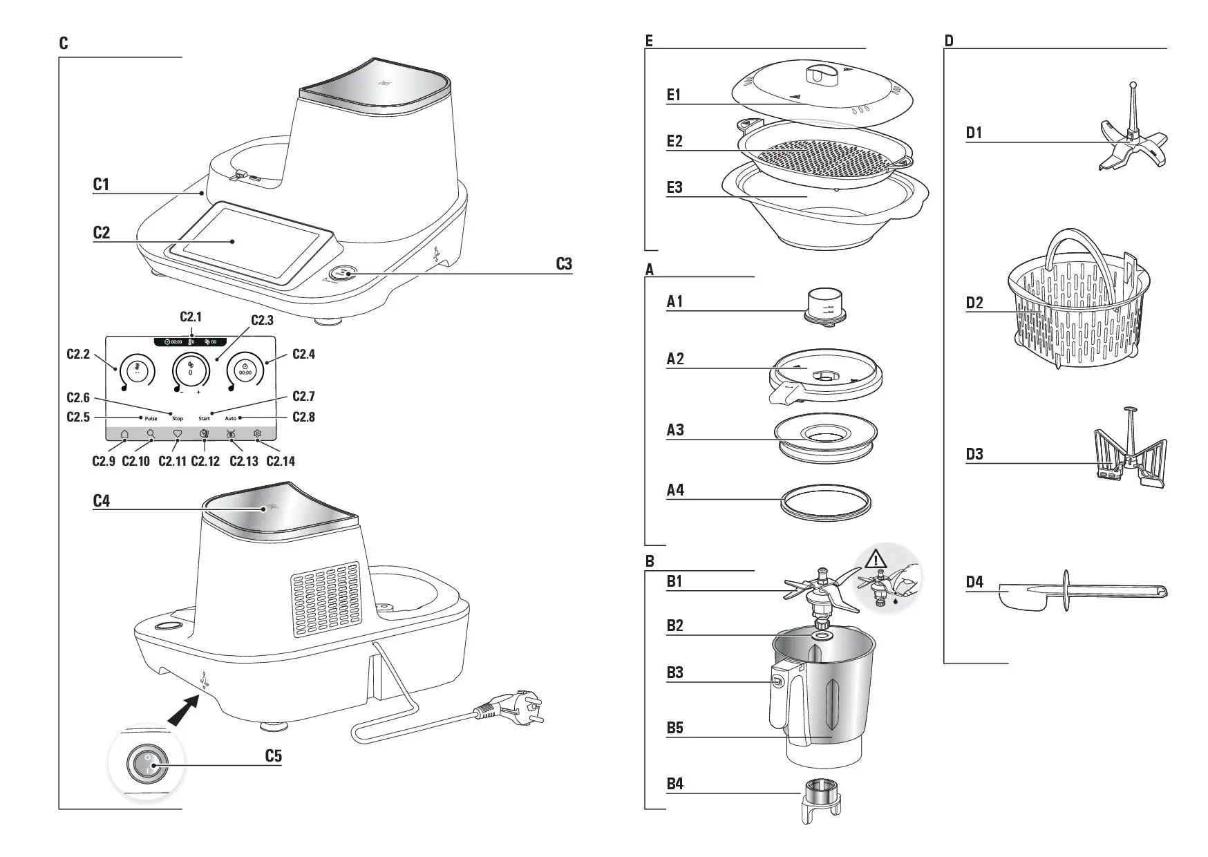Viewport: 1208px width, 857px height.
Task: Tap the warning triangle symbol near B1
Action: click(876, 558)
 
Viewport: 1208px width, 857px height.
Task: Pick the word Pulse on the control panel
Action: click(151, 419)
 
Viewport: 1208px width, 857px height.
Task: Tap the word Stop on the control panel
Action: click(178, 419)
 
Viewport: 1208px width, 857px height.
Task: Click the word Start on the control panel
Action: click(204, 419)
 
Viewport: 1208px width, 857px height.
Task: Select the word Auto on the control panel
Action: click(230, 419)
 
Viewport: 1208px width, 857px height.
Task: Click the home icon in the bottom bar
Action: click(124, 434)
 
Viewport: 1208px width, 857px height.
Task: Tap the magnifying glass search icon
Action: click(151, 434)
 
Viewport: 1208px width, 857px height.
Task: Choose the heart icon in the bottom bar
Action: click(177, 434)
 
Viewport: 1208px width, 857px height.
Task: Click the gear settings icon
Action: click(257, 434)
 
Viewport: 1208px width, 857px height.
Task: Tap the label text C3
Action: click(564, 264)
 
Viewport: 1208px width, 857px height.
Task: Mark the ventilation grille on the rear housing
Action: click(325, 598)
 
